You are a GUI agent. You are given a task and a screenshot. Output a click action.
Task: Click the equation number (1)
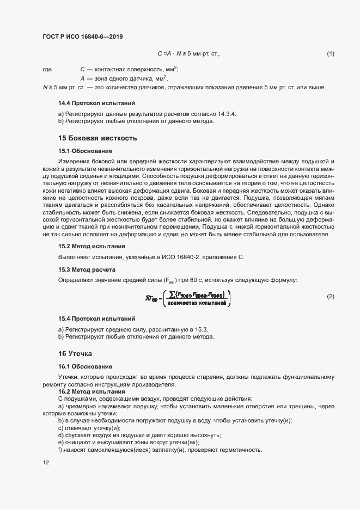point(330,53)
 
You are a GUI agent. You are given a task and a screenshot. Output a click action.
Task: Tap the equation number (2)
point(330,296)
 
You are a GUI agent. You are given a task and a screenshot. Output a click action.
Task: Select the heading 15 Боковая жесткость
point(97,138)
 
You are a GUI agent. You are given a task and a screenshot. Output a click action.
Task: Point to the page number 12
point(46,463)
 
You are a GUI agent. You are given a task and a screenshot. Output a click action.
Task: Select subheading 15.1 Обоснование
point(85,150)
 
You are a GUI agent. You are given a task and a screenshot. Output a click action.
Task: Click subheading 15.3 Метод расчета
point(87,270)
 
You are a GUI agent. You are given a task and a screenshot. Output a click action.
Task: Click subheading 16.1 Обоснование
point(85,366)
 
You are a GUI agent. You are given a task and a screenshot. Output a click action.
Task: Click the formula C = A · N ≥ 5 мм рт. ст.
point(188,53)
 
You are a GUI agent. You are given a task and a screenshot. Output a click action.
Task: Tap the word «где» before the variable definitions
point(47,70)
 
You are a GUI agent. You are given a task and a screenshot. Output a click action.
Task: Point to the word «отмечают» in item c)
point(81,428)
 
